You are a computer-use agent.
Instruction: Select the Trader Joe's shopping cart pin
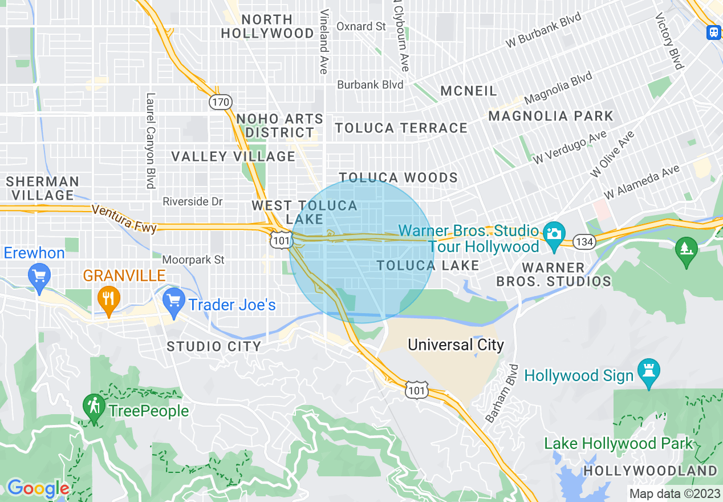coord(173,303)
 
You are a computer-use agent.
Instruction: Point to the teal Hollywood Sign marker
coord(649,372)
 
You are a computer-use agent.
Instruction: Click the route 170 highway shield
coord(220,103)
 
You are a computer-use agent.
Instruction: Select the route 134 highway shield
coord(584,242)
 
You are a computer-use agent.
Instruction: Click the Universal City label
coord(456,345)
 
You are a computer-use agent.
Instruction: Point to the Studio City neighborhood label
coord(214,346)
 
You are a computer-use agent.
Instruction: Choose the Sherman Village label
coord(43,188)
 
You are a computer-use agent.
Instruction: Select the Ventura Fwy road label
coord(124,218)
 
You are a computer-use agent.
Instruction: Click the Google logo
coord(38,488)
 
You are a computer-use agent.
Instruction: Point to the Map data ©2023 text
coord(673,493)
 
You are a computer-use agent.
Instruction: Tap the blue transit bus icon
coord(713,32)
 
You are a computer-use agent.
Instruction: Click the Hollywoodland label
coord(649,471)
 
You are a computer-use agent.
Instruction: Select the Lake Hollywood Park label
coord(618,443)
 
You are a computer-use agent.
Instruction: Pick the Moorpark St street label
coord(193,260)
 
